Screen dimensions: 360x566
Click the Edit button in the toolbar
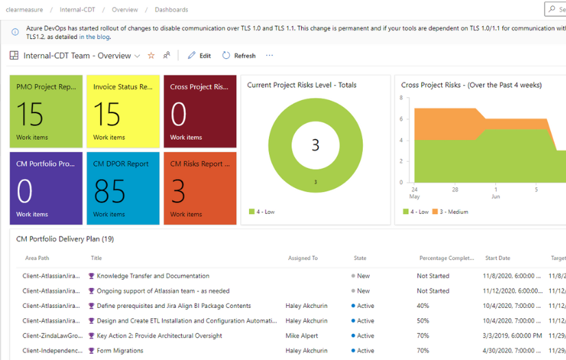click(x=200, y=56)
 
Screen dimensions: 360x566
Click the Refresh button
click(x=239, y=56)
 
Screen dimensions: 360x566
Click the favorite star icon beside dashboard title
click(x=151, y=56)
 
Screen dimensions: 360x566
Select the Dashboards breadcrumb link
click(x=171, y=10)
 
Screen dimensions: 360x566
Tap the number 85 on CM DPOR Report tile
click(x=109, y=192)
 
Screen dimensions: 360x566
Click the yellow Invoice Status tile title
click(x=123, y=87)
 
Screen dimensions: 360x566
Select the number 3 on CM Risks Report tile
click(x=178, y=192)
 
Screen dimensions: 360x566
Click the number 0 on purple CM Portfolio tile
click(x=24, y=192)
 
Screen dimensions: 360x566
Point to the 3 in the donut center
click(x=316, y=145)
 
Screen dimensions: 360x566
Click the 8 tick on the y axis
click(x=400, y=98)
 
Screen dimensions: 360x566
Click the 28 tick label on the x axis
click(x=455, y=189)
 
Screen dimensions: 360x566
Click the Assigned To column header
click(x=303, y=259)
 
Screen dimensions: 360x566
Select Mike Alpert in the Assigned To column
click(x=303, y=336)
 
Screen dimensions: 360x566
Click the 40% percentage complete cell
click(x=423, y=306)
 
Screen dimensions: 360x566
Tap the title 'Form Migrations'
click(x=119, y=350)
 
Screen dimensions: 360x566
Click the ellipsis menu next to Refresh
click(x=269, y=56)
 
